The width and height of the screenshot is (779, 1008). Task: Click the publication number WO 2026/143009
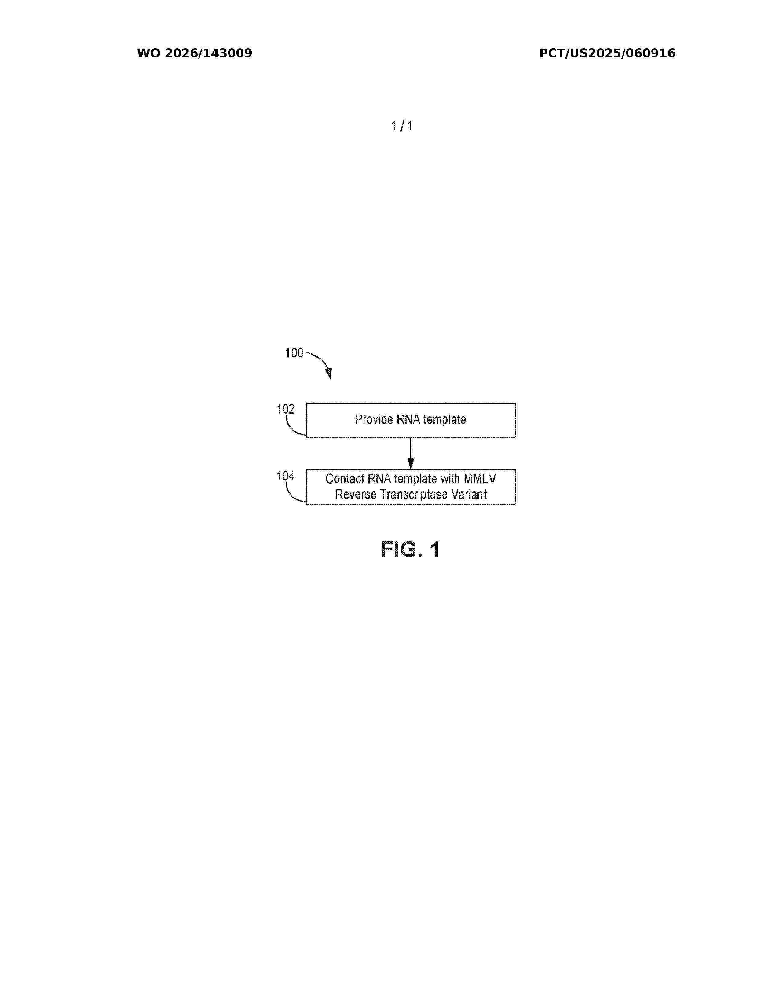coord(194,53)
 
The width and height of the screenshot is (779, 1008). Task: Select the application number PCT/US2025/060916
coord(607,53)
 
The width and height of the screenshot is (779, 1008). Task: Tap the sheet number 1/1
coord(401,126)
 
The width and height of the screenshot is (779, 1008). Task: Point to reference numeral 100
coord(294,353)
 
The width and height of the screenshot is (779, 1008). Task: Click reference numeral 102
coord(285,409)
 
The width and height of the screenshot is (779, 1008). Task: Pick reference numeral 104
coord(285,476)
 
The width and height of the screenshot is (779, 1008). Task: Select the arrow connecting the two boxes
coord(411,453)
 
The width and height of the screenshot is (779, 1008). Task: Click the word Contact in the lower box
coord(345,479)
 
